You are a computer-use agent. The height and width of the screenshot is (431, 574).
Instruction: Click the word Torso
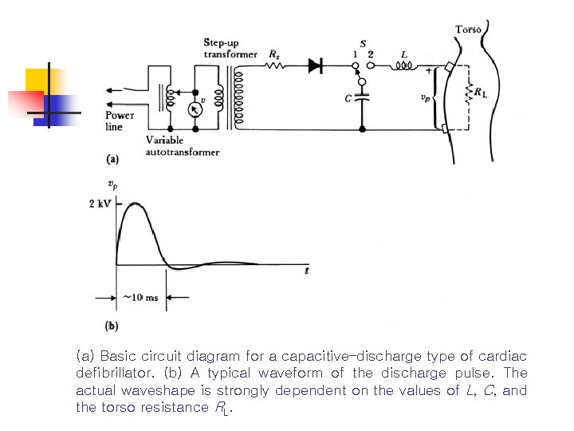pyautogui.click(x=468, y=30)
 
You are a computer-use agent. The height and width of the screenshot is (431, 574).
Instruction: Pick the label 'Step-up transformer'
pyautogui.click(x=230, y=48)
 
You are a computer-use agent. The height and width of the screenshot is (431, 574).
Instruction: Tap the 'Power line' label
pyautogui.click(x=120, y=121)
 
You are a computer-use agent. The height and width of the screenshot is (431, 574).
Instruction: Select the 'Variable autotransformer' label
pyautogui.click(x=182, y=146)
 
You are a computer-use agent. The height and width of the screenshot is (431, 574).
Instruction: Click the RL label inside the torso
pyautogui.click(x=480, y=93)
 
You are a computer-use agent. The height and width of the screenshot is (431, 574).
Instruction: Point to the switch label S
pyautogui.click(x=364, y=43)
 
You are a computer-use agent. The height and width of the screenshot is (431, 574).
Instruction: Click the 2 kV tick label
pyautogui.click(x=101, y=204)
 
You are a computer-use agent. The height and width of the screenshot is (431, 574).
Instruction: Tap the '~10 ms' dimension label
pyautogui.click(x=141, y=298)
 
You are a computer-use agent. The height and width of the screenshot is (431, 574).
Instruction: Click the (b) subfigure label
pyautogui.click(x=112, y=326)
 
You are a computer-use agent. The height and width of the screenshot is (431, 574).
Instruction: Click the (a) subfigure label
pyautogui.click(x=113, y=159)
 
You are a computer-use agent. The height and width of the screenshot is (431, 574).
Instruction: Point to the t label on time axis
pyautogui.click(x=307, y=271)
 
